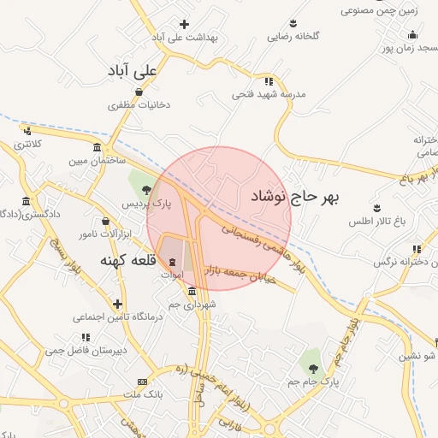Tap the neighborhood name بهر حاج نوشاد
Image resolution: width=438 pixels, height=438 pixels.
295,198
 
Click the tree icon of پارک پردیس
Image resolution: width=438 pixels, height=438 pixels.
147,190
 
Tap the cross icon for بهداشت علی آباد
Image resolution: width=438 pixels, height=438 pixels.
184,24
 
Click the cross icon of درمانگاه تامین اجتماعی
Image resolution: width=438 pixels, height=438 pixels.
117,304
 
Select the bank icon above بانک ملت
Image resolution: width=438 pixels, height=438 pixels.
142,382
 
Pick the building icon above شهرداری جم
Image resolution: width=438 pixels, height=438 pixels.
192,291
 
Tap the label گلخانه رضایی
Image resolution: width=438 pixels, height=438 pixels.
293,37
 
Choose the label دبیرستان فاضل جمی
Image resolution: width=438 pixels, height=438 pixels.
86,350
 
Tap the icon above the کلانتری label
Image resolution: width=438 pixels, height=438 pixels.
28,131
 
